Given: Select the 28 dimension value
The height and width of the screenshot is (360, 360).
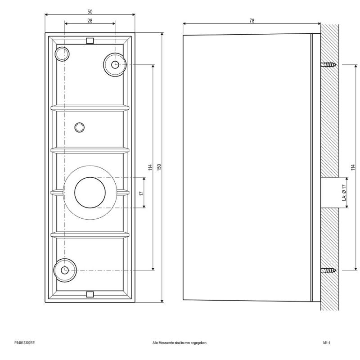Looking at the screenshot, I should (90, 21).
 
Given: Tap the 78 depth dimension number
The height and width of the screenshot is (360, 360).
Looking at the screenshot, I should (251, 21).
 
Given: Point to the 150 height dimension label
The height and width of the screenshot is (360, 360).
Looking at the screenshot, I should (158, 167).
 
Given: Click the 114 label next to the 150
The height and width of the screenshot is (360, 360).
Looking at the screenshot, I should (149, 167).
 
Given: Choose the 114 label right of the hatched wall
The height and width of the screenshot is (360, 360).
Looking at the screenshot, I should (353, 167).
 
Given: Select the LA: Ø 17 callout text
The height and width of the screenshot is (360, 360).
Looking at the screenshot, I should (343, 192).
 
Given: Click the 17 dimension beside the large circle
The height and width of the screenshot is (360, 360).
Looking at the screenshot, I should (141, 193).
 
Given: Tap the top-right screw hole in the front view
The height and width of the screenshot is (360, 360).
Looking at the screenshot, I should (115, 64).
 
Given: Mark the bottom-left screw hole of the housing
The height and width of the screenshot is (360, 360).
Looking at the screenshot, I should (64, 270).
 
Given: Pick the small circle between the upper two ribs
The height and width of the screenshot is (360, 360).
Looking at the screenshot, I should (79, 127).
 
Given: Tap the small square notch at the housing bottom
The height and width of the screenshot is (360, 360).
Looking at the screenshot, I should (90, 294).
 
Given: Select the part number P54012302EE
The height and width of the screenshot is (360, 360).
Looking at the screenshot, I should (25, 343).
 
